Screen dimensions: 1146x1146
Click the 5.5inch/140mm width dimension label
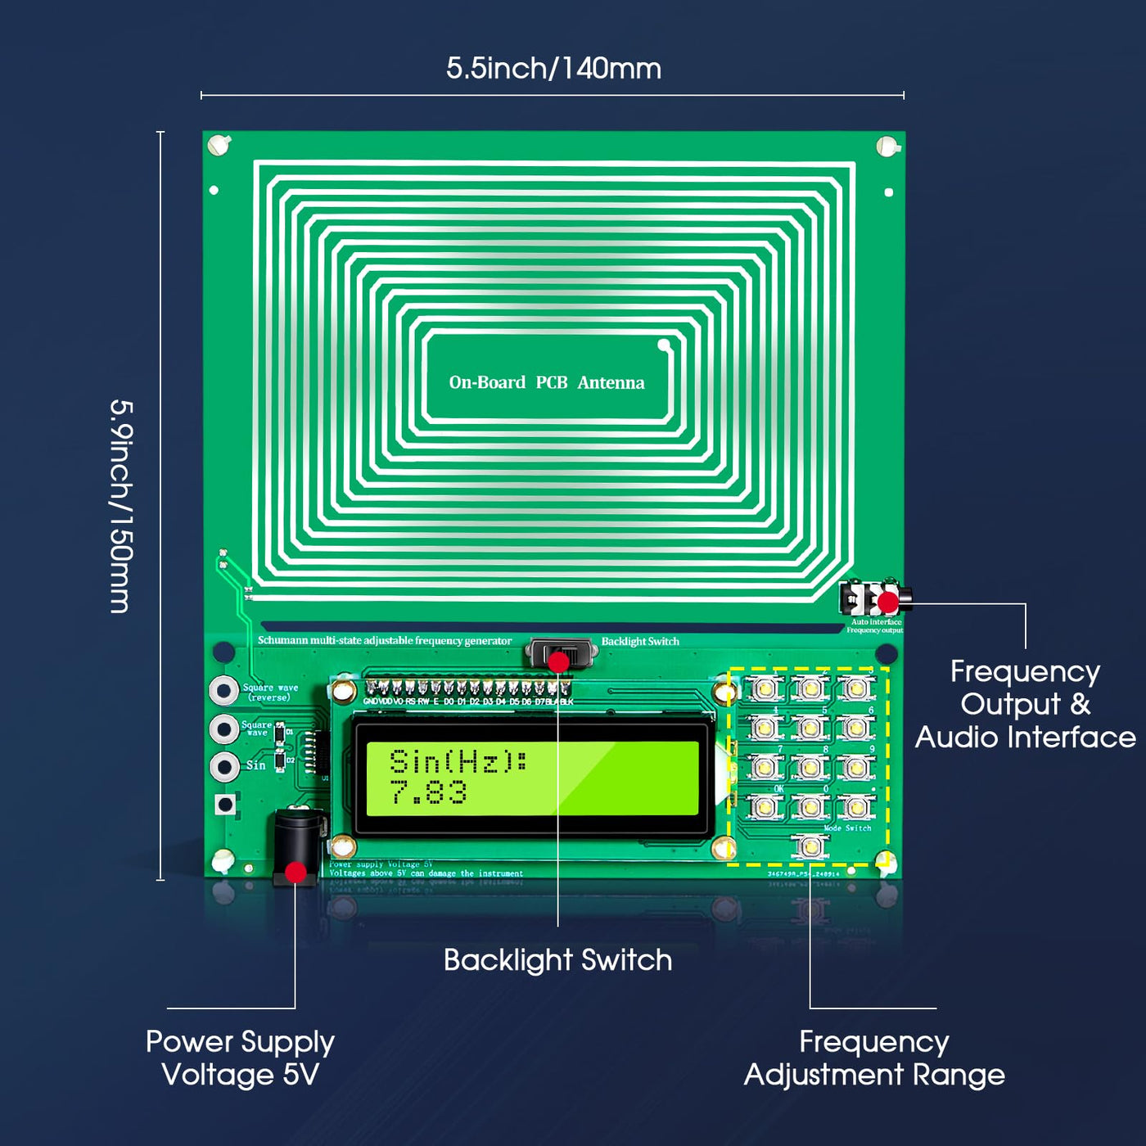553,69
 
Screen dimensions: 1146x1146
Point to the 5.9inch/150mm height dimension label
121,506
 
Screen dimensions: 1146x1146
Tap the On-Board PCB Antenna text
547,382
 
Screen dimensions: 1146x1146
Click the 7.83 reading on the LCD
428,792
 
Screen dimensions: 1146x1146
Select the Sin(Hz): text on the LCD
458,762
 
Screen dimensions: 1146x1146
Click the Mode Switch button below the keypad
810,846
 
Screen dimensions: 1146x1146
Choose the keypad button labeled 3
856,688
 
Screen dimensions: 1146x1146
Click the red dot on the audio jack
887,602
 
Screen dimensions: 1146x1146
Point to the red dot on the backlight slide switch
558,661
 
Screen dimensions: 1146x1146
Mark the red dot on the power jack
296,873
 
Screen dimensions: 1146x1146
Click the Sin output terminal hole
224,767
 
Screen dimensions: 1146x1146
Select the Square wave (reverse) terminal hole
224,690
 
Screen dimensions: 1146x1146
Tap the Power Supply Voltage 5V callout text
240,1058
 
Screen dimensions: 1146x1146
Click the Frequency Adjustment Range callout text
874,1058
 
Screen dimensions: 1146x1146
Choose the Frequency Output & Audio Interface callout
1025,704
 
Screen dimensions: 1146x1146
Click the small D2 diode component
280,761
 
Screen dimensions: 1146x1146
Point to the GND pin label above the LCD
371,702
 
